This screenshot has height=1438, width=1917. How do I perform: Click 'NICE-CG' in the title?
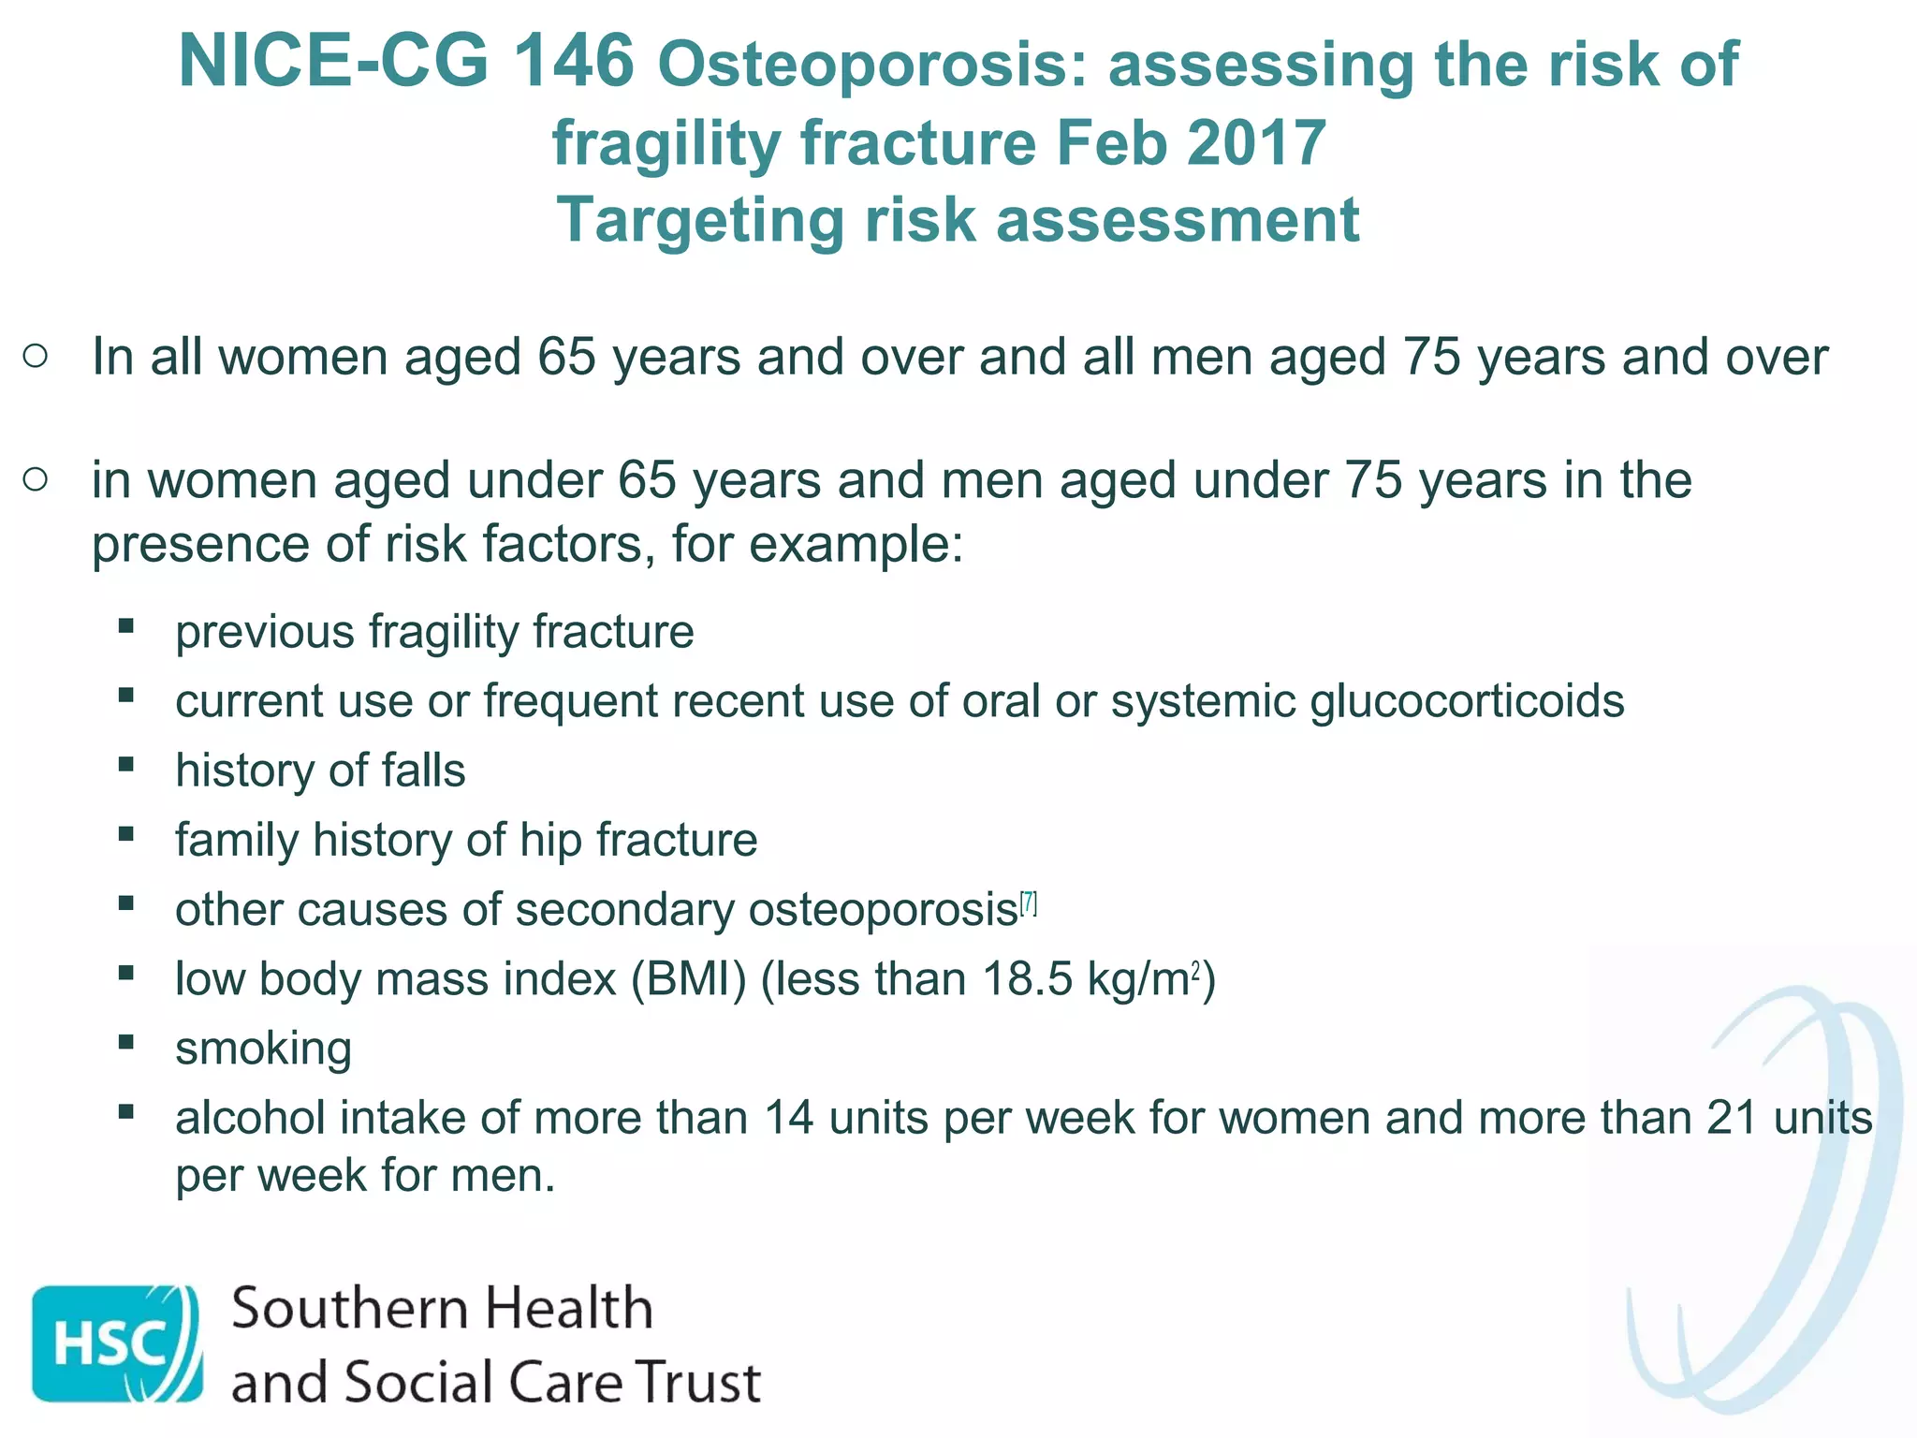point(333,62)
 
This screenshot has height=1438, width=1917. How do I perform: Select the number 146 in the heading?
point(574,62)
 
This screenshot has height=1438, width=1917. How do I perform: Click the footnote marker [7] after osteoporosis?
point(1029,903)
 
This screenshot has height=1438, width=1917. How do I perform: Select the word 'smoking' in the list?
point(263,1048)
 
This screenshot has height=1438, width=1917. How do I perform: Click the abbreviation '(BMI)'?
point(688,979)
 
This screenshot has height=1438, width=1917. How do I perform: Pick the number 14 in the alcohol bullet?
point(788,1118)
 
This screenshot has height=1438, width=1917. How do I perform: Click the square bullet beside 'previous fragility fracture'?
point(126,625)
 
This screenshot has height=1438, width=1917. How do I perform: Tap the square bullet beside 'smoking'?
point(126,1042)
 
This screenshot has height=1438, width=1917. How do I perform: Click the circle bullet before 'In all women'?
point(36,356)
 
